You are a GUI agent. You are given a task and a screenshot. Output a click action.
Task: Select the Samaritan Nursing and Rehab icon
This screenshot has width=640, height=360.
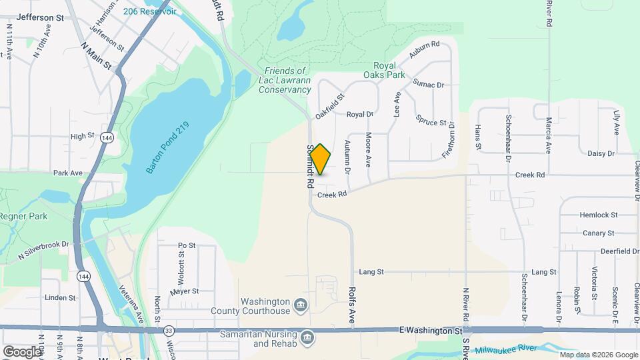[307, 336]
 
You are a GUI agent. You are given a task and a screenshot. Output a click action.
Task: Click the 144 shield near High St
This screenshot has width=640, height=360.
[107, 137]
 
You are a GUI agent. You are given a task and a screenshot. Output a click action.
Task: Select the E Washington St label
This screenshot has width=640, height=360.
[431, 330]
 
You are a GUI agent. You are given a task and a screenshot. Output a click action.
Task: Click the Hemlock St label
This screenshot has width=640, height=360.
[599, 215]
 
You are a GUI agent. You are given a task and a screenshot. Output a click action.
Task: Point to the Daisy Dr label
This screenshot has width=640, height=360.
[601, 153]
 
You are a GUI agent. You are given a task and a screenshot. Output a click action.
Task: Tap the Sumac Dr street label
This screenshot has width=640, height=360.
[428, 85]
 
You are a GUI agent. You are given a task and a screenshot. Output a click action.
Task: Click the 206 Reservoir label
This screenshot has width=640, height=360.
[149, 11]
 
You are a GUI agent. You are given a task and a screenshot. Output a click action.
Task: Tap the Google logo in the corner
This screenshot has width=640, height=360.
[21, 351]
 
